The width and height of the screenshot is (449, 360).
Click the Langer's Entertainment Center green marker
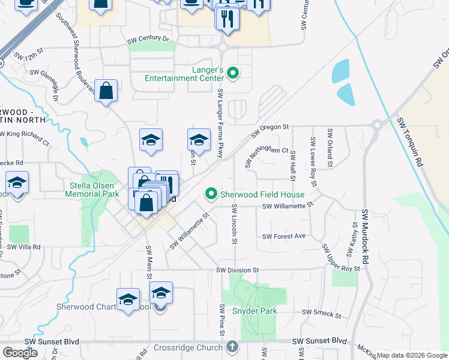pyautogui.click(x=233, y=74)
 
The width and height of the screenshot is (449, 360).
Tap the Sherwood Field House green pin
pyautogui.click(x=211, y=194)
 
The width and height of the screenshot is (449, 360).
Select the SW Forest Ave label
pyautogui.click(x=284, y=236)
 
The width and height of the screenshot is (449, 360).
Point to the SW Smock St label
pyautogui.click(x=321, y=313)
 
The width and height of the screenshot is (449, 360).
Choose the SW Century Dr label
pyautogui.click(x=148, y=39)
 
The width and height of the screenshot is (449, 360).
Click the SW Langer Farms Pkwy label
pyautogui.click(x=220, y=124)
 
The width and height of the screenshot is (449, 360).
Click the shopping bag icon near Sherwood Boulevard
pyautogui.click(x=106, y=92)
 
